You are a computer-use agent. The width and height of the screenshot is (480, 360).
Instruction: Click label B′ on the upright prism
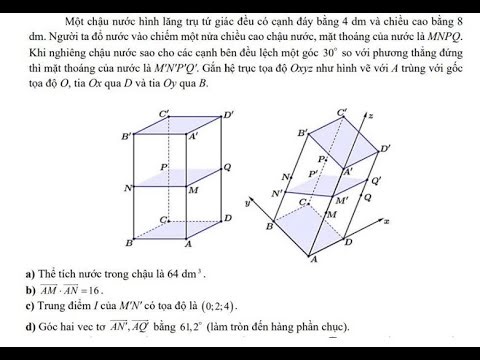click(126, 136)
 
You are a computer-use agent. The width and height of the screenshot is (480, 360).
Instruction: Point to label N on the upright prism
click(127, 187)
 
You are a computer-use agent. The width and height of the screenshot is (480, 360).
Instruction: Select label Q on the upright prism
click(228, 167)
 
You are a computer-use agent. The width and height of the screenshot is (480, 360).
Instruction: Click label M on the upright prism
click(193, 188)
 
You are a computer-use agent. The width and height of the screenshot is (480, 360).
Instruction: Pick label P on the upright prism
click(163, 166)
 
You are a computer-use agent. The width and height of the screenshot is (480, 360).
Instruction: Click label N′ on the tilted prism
click(277, 193)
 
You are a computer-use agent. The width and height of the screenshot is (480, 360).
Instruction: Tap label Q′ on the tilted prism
click(376, 182)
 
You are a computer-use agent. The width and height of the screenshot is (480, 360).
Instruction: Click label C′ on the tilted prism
click(343, 112)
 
